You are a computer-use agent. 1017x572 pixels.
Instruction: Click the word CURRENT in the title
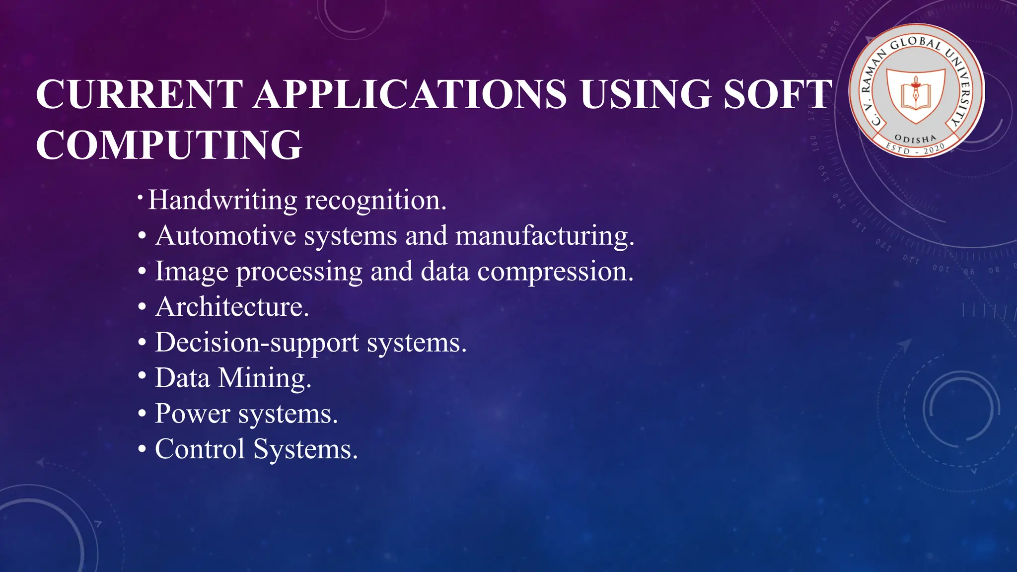tap(140, 94)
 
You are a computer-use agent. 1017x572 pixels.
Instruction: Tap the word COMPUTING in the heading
tap(169, 145)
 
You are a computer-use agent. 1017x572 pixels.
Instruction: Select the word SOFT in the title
tap(778, 94)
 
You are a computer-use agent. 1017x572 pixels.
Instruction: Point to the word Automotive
tap(225, 235)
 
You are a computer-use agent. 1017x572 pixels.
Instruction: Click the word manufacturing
tap(545, 236)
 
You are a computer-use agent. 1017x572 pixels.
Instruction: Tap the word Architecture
tap(232, 307)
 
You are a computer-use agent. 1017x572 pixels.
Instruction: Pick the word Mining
tap(265, 379)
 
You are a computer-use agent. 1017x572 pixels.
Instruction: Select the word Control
tap(200, 449)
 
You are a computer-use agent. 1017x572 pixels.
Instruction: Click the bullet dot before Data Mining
tap(143, 376)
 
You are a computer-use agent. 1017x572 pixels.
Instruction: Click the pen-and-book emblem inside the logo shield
tap(916, 93)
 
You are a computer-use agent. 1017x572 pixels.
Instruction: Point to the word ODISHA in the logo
tap(915, 139)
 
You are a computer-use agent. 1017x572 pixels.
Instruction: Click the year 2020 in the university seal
tap(934, 148)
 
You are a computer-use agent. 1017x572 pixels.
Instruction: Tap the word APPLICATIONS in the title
tap(410, 94)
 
